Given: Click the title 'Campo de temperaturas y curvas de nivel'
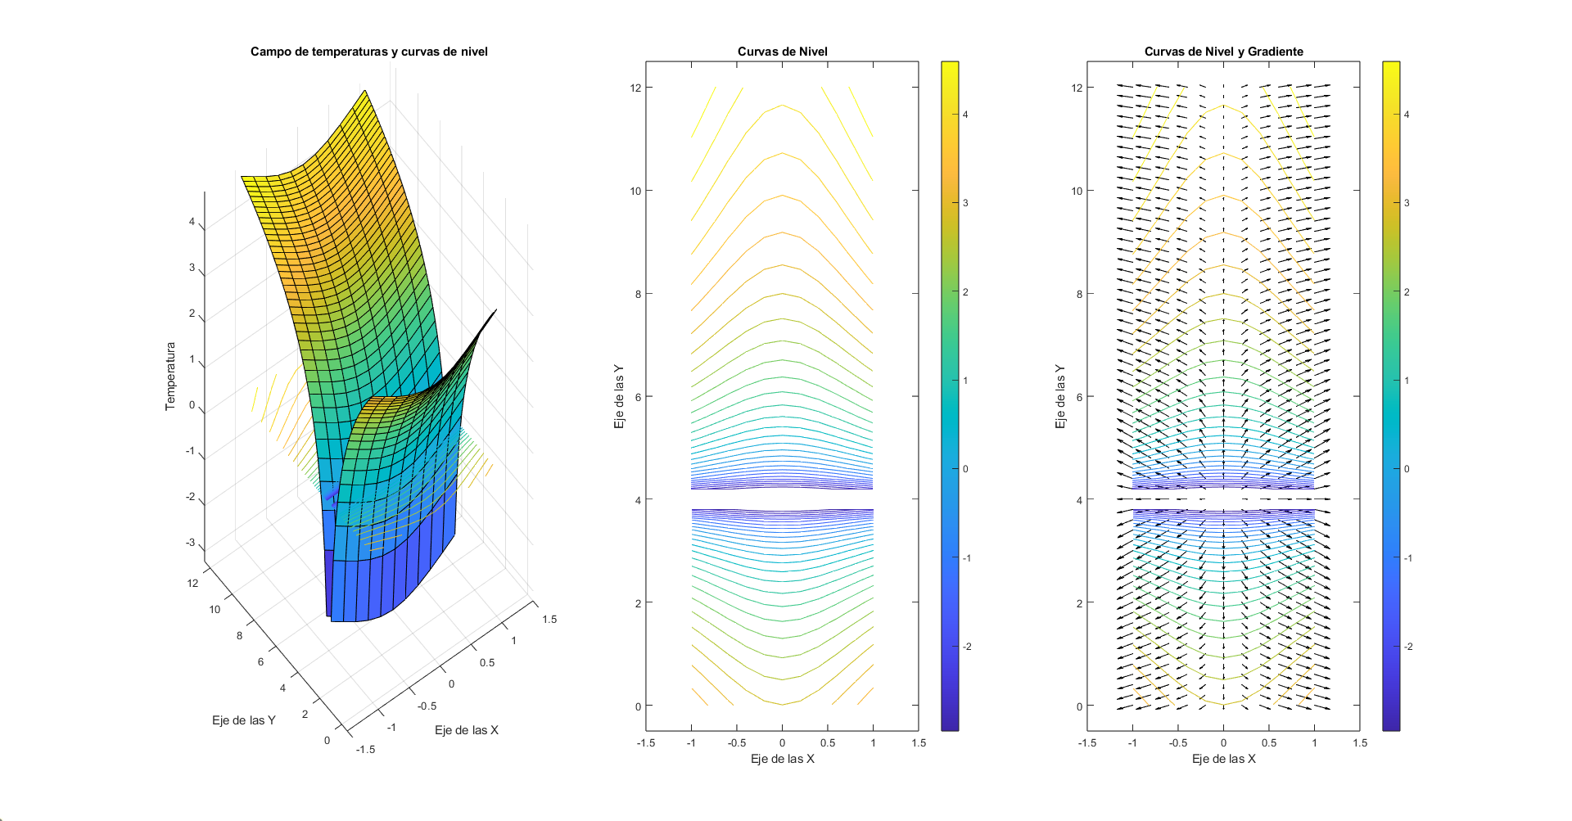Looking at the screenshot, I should pyautogui.click(x=368, y=52).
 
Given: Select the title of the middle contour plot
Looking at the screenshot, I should pyautogui.click(x=782, y=52).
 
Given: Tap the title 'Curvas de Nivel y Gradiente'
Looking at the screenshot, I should pyautogui.click(x=1223, y=52).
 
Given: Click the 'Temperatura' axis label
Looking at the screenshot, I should pyautogui.click(x=170, y=376).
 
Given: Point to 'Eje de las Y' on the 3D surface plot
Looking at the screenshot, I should pyautogui.click(x=243, y=720).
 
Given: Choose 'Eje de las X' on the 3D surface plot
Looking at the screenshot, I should pyautogui.click(x=466, y=730).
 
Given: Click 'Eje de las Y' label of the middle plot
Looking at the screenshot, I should pyautogui.click(x=619, y=397).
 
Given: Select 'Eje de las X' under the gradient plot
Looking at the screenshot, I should pyautogui.click(x=1223, y=759).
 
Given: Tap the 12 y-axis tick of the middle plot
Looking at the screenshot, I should pyautogui.click(x=635, y=88).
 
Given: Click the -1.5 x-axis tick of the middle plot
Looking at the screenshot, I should pyautogui.click(x=645, y=743).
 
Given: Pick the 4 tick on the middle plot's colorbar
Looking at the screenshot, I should pyautogui.click(x=965, y=115).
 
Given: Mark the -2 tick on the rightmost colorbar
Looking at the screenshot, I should pyautogui.click(x=1408, y=647).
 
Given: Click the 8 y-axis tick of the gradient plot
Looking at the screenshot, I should pyautogui.click(x=1079, y=294).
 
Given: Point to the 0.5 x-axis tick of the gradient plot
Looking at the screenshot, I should pyautogui.click(x=1268, y=743).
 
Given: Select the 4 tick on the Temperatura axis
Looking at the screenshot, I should pyautogui.click(x=192, y=222).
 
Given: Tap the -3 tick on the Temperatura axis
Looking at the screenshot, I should pyautogui.click(x=191, y=543).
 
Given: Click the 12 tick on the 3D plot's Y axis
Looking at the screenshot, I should pyautogui.click(x=192, y=584).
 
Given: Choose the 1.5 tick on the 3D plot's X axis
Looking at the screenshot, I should pyautogui.click(x=549, y=620).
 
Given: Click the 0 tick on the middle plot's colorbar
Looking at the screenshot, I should pyautogui.click(x=965, y=469).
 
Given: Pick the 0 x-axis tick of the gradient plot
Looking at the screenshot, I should pyautogui.click(x=1223, y=743).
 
